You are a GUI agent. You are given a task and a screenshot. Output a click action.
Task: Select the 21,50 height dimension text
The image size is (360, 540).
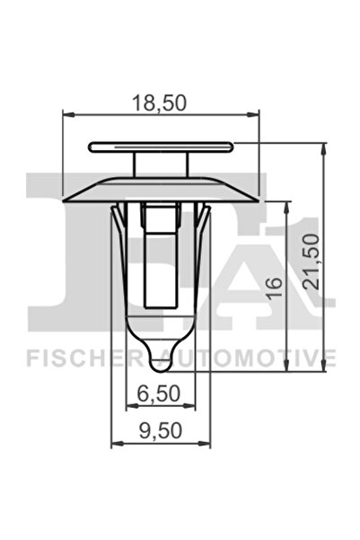pyautogui.click(x=311, y=260)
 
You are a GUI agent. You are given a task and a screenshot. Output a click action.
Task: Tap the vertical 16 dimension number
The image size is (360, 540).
pyautogui.click(x=275, y=288)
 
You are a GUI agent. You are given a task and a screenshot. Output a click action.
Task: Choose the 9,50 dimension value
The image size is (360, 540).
pyautogui.click(x=162, y=430)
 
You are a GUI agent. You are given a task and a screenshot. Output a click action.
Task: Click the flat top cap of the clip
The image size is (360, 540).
pyautogui.click(x=162, y=146)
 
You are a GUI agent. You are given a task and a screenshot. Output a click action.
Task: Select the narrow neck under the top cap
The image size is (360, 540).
pyautogui.click(x=162, y=164)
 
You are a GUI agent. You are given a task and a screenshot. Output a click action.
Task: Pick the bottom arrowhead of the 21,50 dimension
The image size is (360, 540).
pyautogui.click(x=323, y=369)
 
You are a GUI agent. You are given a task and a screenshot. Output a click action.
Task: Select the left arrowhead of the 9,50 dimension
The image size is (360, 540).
pyautogui.click(x=114, y=442)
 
